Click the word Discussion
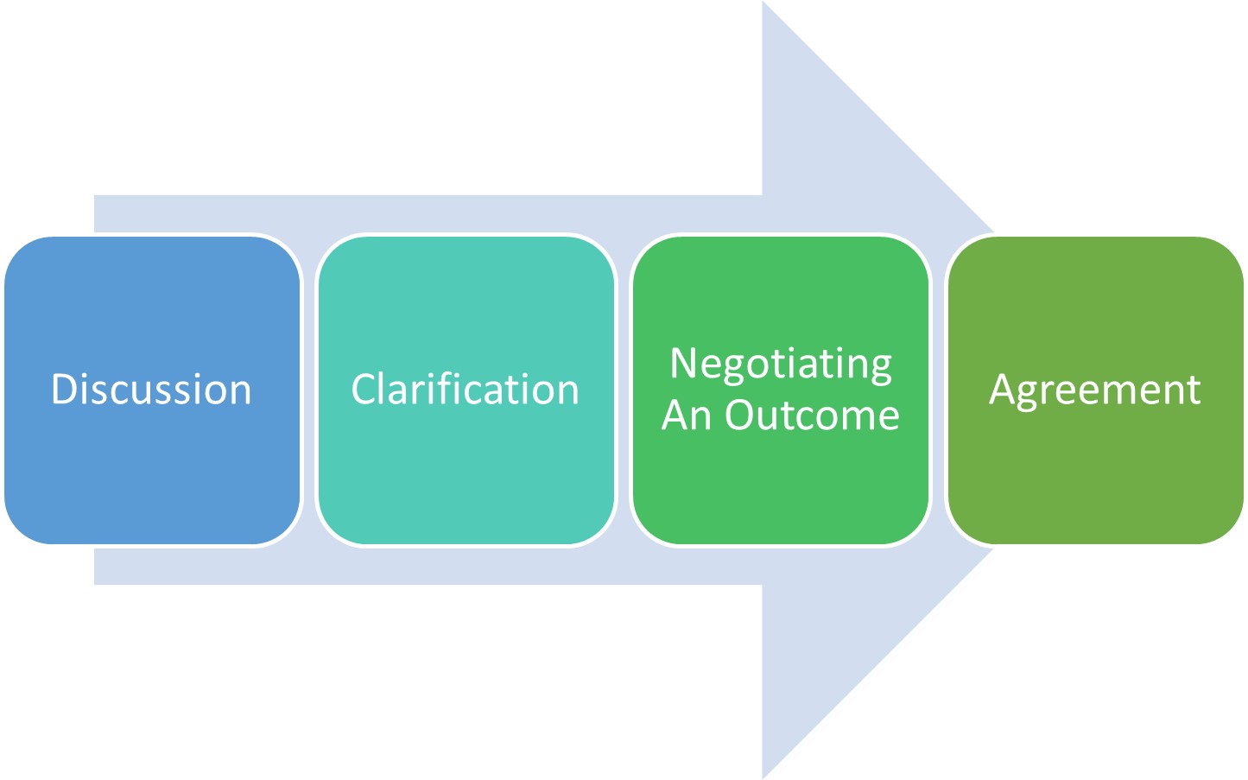point(151,390)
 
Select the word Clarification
point(465,390)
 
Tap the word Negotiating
point(781,364)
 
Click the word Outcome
point(812,415)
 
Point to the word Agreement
point(1095,390)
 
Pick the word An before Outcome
point(687,415)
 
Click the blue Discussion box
point(152,466)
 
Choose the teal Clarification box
point(466,466)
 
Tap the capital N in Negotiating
point(684,363)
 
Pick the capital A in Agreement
point(1002,390)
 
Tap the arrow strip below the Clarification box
point(466,567)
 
